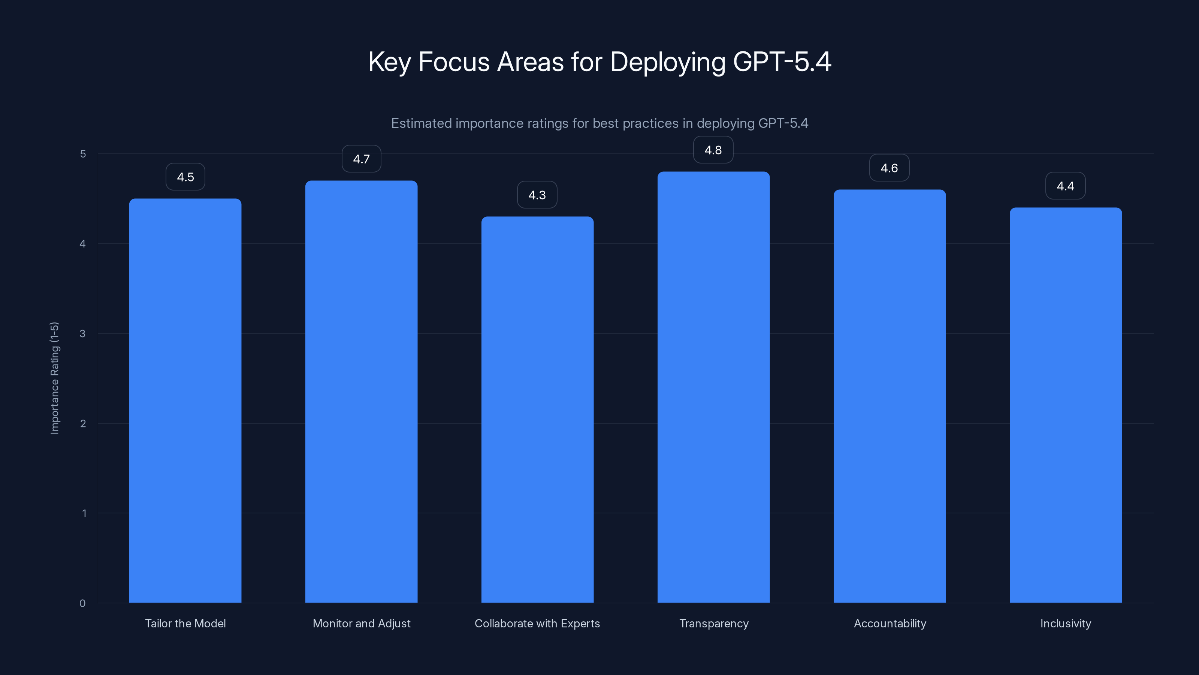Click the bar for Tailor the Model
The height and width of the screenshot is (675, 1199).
click(185, 400)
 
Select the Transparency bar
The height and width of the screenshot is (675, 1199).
click(713, 387)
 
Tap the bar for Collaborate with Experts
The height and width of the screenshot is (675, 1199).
click(537, 409)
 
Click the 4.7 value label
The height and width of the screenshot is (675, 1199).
click(361, 159)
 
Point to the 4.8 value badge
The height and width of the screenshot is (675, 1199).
click(713, 150)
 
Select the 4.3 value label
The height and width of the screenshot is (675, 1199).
click(537, 195)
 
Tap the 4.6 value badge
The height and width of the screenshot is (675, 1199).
click(889, 168)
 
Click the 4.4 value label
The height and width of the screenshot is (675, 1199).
click(1065, 186)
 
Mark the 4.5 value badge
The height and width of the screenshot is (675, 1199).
click(185, 177)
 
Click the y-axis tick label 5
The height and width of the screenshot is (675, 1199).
click(83, 154)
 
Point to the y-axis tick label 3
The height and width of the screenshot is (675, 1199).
click(83, 333)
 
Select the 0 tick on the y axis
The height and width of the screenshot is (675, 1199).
click(82, 603)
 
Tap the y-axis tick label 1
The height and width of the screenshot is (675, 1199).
click(84, 513)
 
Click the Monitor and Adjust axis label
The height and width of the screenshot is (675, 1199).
click(361, 623)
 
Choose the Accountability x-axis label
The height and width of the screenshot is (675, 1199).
click(890, 623)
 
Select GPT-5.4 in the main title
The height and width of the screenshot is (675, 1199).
click(782, 62)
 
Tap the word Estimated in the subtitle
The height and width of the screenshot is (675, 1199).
click(421, 123)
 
